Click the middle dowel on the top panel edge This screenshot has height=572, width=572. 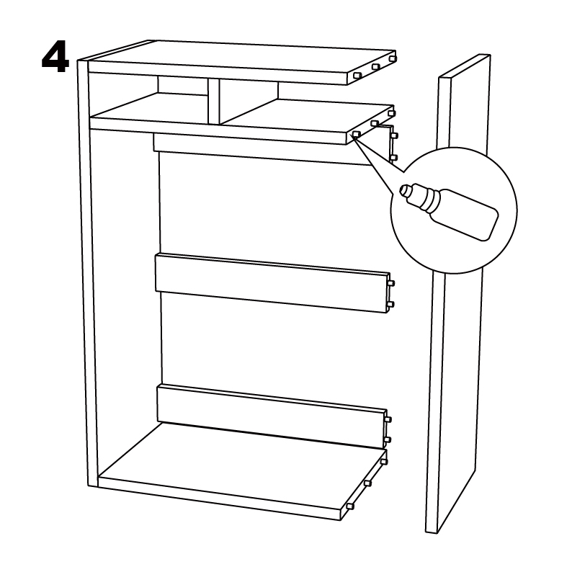tap(376, 67)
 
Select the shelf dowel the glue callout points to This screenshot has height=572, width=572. tap(357, 134)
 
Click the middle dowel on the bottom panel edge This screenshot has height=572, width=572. tap(367, 483)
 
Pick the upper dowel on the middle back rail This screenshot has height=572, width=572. tap(391, 283)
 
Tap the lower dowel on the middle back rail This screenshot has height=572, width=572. tap(390, 304)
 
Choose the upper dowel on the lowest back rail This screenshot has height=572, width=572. tap(388, 419)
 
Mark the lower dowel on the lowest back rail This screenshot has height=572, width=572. tap(388, 440)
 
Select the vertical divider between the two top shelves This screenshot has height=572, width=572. tap(214, 101)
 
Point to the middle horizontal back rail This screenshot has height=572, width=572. tap(272, 282)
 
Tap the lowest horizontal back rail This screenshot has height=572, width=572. tap(272, 416)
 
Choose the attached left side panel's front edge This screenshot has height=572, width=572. tap(88, 273)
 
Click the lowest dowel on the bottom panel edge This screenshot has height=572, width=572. tap(350, 506)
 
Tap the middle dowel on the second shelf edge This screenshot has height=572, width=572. tap(375, 123)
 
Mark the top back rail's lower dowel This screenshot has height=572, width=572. tap(393, 158)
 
